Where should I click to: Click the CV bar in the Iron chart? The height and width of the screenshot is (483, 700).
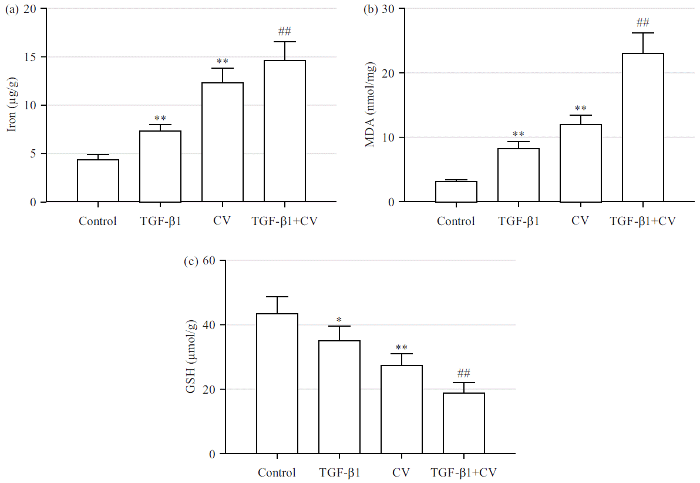point(223,143)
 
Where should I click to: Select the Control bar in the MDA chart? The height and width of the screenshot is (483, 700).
point(456,192)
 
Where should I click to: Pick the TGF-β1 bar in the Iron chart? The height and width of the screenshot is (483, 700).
point(160,167)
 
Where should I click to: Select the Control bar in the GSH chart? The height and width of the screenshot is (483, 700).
point(277,384)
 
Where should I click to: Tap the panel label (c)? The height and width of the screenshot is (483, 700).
point(191,261)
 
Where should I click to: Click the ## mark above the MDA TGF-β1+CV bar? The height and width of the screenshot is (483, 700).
point(643,23)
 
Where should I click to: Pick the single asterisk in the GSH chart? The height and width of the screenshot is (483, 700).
point(339,320)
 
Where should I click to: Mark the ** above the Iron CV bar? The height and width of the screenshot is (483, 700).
point(223,62)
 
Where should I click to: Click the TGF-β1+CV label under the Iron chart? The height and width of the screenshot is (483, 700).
point(284,222)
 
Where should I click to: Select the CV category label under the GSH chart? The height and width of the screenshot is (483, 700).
point(402,472)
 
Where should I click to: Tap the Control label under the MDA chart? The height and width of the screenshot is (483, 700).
point(456,222)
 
